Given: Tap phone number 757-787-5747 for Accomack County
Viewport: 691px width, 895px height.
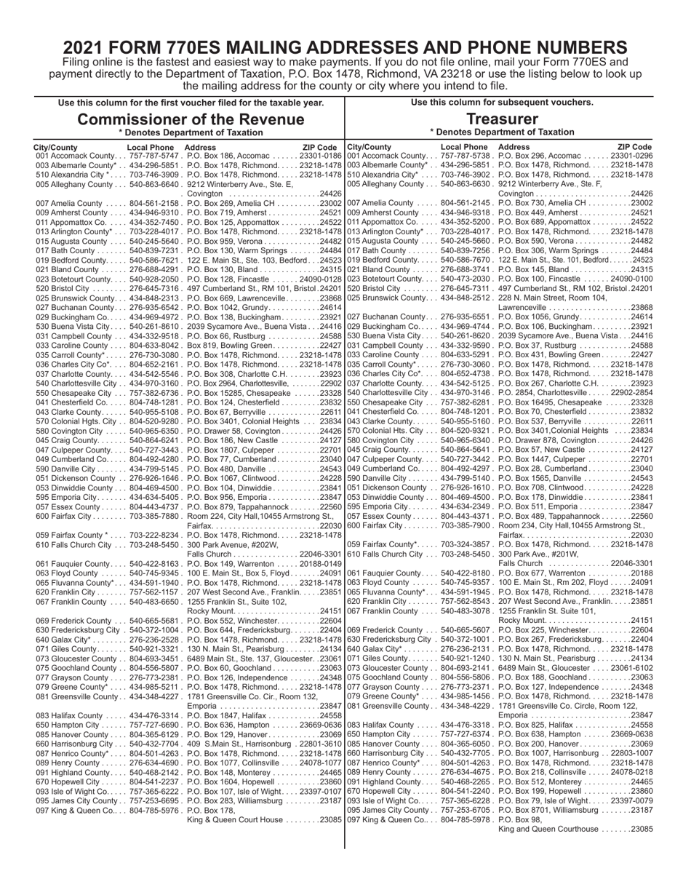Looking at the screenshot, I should click(x=155, y=156).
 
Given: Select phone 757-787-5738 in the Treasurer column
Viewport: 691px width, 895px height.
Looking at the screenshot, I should click(x=468, y=156).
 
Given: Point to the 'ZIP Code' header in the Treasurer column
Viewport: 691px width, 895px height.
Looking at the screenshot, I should click(x=635, y=147).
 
